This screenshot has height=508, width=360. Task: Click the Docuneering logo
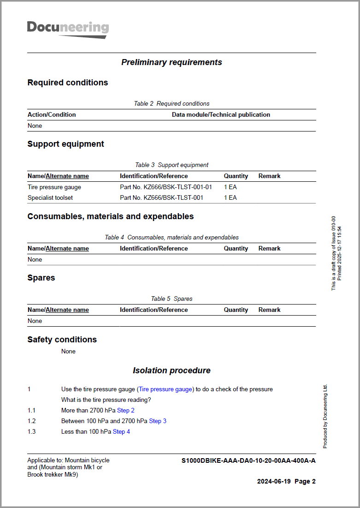[68, 29]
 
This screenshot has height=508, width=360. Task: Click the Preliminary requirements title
[171, 62]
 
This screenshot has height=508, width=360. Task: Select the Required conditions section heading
[68, 83]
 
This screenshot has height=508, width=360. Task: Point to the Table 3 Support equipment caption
[171, 165]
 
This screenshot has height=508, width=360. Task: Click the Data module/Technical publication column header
[221, 114]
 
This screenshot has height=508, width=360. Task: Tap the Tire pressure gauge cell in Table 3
[54, 187]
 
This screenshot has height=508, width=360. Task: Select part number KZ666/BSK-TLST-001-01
[166, 187]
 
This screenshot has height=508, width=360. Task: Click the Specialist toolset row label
[50, 197]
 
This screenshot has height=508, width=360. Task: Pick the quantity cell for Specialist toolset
[230, 197]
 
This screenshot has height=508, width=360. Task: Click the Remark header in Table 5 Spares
[269, 310]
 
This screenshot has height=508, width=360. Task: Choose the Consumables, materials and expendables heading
[111, 216]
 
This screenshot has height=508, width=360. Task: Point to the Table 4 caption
[171, 237]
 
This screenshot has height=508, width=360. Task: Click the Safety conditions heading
[62, 340]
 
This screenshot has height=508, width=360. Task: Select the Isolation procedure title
[171, 371]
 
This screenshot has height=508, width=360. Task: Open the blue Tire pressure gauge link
[165, 389]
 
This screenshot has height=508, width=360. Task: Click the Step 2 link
[126, 410]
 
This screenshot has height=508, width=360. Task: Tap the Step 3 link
[158, 421]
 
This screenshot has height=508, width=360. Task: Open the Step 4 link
[121, 431]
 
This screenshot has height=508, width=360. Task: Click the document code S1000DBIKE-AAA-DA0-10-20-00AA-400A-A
[248, 460]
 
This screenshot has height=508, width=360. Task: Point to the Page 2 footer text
[305, 481]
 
